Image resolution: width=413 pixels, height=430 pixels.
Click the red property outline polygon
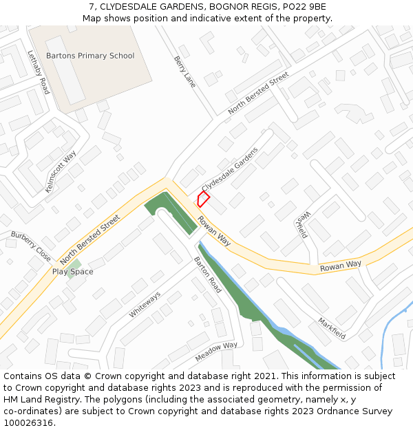(x=203, y=200)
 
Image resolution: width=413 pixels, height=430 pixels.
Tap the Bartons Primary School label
(x=90, y=56)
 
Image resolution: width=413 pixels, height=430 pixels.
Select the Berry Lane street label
(x=184, y=72)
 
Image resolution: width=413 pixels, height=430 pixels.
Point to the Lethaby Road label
(x=39, y=72)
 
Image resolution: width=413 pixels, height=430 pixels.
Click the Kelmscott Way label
(x=61, y=172)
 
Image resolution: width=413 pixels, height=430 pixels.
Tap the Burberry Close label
(x=30, y=246)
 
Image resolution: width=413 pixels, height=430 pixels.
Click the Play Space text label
(x=72, y=272)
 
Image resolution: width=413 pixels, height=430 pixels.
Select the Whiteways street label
(x=145, y=305)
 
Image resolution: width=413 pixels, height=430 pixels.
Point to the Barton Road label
(x=206, y=275)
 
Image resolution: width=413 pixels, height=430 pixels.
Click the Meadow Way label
(x=216, y=352)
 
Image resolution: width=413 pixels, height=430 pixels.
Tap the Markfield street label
(x=331, y=328)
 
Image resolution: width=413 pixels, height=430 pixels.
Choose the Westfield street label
(x=301, y=224)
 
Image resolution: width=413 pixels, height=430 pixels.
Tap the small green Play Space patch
(x=74, y=264)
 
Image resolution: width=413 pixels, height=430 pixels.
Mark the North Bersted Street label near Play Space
(x=89, y=239)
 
